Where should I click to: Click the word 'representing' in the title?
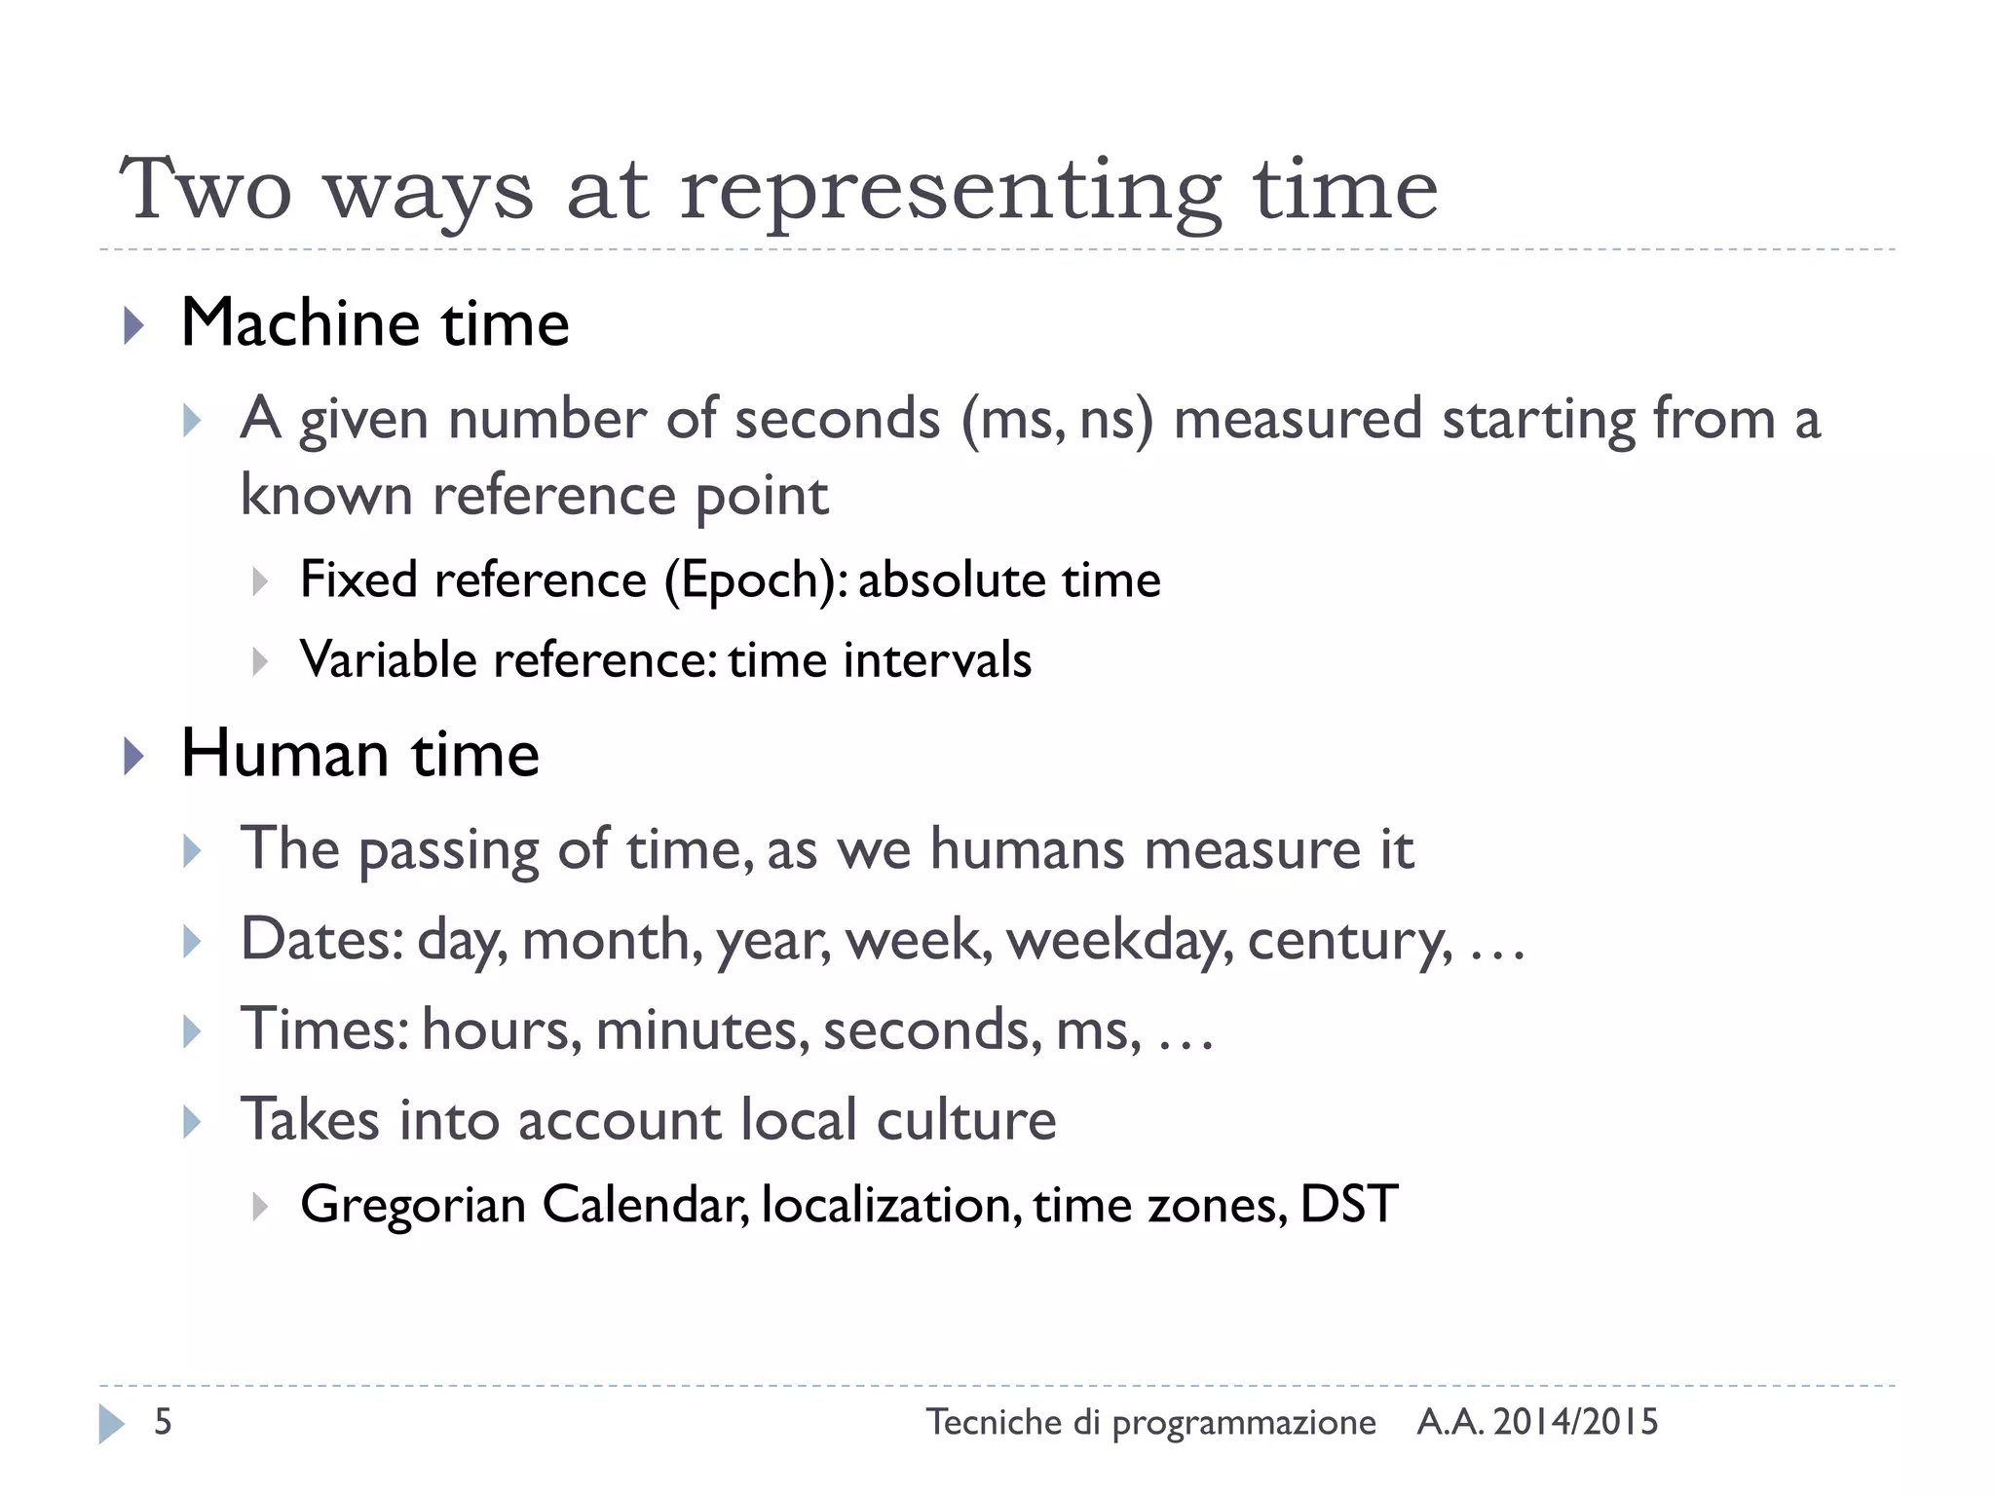coord(950,191)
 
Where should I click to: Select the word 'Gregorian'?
coord(413,1205)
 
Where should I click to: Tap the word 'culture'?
coord(966,1120)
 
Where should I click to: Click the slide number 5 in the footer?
coord(163,1422)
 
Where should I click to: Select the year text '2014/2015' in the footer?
coord(1575,1422)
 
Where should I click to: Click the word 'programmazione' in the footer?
coord(1244,1424)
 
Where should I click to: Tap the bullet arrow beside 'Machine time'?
coord(133,325)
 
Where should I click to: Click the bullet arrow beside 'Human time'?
coord(133,757)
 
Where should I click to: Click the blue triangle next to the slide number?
coord(111,1424)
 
